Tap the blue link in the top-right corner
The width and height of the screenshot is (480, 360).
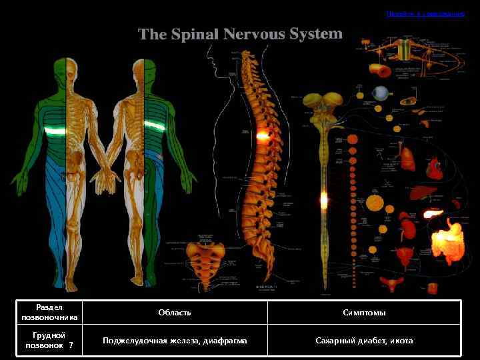[x=425, y=13]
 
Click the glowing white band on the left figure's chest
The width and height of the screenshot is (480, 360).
[x=55, y=131]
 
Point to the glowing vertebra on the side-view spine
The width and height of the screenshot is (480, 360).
[x=262, y=135]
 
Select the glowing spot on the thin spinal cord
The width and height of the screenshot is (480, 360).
[x=324, y=199]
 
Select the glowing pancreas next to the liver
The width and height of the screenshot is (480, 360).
[x=433, y=213]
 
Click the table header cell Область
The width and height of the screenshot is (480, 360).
[x=175, y=313]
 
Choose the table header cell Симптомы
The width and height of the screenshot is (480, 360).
[x=364, y=313]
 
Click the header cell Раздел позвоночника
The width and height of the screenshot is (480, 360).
[x=49, y=312]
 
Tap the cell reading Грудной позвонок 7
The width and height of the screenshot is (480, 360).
[x=49, y=341]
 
